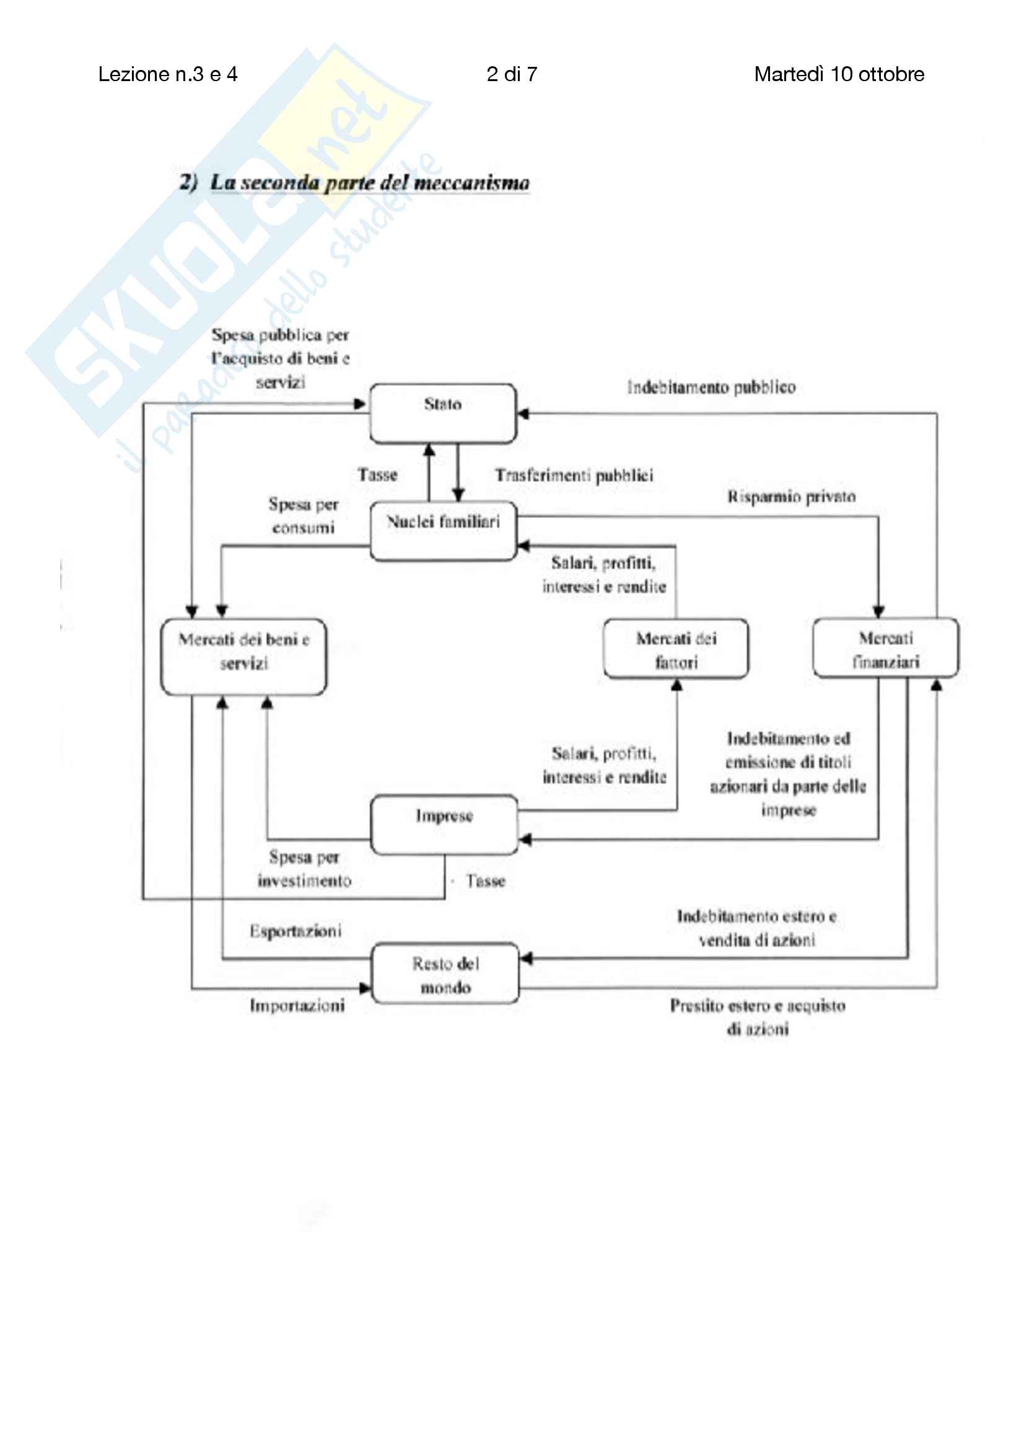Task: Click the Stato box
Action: tap(442, 413)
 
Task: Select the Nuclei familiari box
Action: tap(443, 531)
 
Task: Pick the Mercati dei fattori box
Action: tap(676, 649)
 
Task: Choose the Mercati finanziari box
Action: tap(885, 648)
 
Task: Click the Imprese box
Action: tap(444, 824)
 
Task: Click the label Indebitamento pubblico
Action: tap(711, 386)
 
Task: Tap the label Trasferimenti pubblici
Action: tap(574, 475)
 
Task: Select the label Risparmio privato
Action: tap(791, 496)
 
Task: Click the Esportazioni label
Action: tap(295, 930)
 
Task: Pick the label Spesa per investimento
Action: tap(304, 869)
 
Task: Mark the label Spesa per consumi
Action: tap(304, 515)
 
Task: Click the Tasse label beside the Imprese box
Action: tap(485, 881)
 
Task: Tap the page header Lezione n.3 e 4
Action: tap(168, 74)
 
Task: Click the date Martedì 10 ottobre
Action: tap(839, 74)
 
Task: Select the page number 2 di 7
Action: tap(512, 74)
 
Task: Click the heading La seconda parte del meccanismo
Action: tap(369, 182)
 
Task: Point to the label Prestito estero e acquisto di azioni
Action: tap(757, 1017)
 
